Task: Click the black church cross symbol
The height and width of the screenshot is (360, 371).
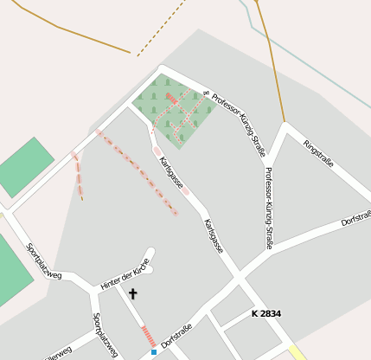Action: coord(133,294)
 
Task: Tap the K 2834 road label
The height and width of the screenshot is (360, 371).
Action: coord(266,313)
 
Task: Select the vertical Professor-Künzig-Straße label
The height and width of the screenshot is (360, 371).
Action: coord(269,208)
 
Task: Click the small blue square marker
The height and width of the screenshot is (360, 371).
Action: coord(154,352)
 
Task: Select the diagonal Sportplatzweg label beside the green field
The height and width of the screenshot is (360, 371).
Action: coord(43,261)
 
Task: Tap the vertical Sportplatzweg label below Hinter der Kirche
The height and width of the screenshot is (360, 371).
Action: coord(105,335)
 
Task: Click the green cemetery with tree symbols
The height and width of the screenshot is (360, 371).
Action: coord(173,108)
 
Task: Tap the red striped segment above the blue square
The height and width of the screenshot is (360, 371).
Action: coord(148,336)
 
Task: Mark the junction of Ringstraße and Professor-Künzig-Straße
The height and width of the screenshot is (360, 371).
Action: coord(285,126)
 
